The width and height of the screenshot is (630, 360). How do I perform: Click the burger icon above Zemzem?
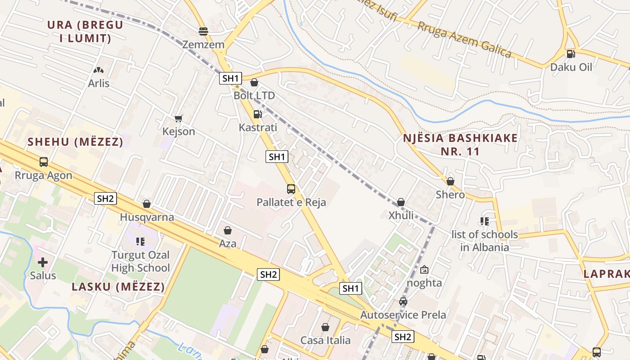pyautogui.click(x=203, y=31)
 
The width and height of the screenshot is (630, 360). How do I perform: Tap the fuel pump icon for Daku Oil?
pyautogui.click(x=571, y=54)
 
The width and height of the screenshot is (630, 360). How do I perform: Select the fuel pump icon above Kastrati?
pyautogui.click(x=257, y=114)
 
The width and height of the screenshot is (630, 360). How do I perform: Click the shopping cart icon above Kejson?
pyautogui.click(x=179, y=118)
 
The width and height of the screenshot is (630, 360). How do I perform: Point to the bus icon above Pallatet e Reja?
pyautogui.click(x=291, y=189)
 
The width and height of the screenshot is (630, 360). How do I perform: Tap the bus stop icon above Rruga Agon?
pyautogui.click(x=44, y=162)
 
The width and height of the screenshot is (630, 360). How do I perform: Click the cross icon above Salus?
pyautogui.click(x=43, y=262)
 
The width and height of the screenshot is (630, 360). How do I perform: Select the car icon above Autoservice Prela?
pyautogui.click(x=403, y=301)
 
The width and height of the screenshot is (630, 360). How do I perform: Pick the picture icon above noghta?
pyautogui.click(x=424, y=270)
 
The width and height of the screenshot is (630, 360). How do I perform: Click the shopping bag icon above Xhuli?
pyautogui.click(x=401, y=202)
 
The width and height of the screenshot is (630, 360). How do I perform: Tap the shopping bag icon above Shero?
pyautogui.click(x=450, y=181)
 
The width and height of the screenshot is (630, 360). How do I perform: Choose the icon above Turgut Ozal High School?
pyautogui.click(x=140, y=242)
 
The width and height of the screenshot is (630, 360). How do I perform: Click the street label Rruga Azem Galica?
pyautogui.click(x=464, y=40)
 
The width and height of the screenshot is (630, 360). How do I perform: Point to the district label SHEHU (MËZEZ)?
pyautogui.click(x=75, y=142)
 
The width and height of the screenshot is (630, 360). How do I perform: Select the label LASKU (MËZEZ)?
pyautogui.click(x=118, y=287)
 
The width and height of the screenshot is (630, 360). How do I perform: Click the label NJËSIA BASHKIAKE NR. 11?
pyautogui.click(x=459, y=144)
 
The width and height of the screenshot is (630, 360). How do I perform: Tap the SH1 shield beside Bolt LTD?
pyautogui.click(x=231, y=78)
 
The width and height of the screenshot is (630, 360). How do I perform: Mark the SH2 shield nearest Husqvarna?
pyautogui.click(x=105, y=198)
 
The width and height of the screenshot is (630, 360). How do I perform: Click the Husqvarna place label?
pyautogui.click(x=147, y=217)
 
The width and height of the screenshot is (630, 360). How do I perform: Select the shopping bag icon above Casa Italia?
pyautogui.click(x=325, y=327)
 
